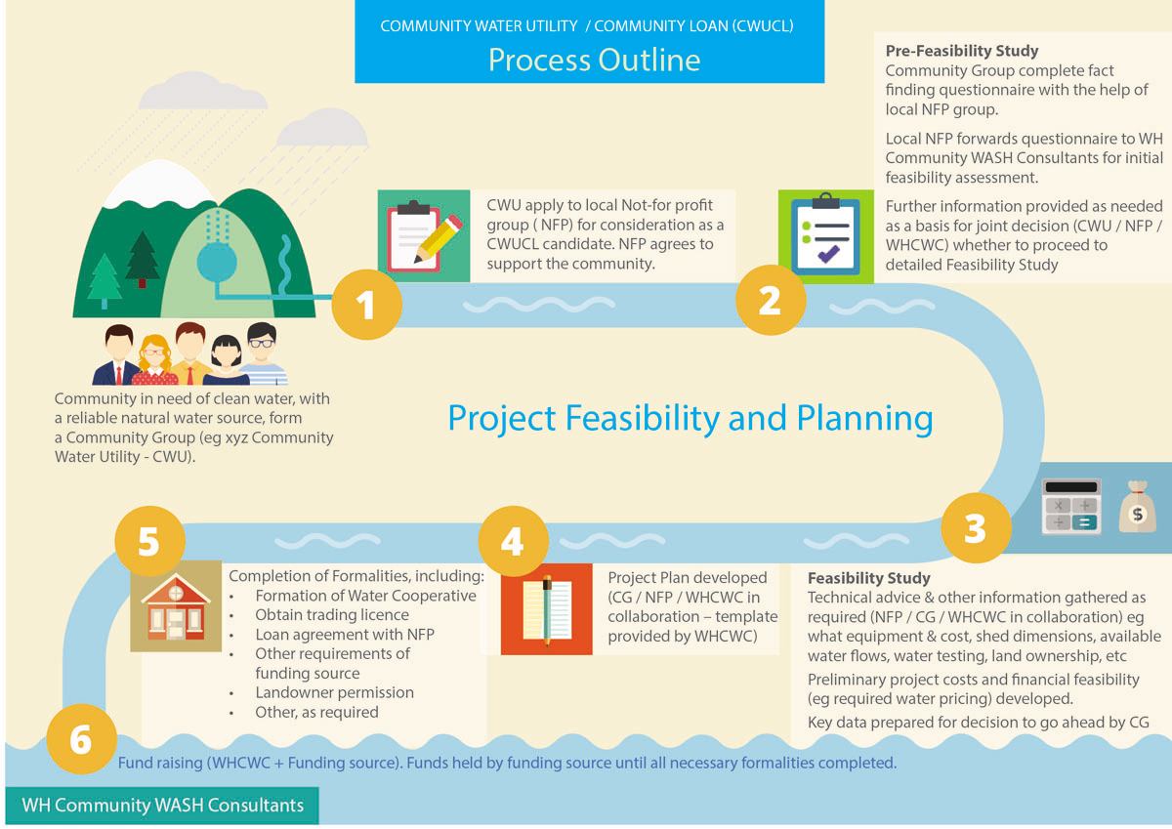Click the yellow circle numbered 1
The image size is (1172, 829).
(x=367, y=305)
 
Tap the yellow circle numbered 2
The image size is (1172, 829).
(x=771, y=300)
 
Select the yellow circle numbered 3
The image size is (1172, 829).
(x=976, y=527)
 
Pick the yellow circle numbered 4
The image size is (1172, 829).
(x=514, y=541)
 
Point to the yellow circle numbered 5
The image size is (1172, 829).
(x=149, y=541)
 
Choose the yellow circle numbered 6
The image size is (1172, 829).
(x=81, y=738)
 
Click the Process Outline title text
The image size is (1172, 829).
(x=594, y=60)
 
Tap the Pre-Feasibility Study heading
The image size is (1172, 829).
(x=962, y=50)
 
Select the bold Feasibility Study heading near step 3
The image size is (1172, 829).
(x=868, y=577)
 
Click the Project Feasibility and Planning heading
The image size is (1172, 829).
(x=691, y=419)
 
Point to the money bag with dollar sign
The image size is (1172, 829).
(x=1137, y=507)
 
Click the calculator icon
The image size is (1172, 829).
(x=1071, y=507)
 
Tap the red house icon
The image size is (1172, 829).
(x=176, y=606)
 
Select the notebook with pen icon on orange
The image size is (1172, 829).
(x=547, y=608)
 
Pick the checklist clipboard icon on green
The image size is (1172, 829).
(x=825, y=236)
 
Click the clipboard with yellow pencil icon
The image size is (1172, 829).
(x=424, y=235)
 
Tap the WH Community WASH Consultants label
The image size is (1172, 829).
(x=162, y=806)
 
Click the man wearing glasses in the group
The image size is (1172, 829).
(x=262, y=353)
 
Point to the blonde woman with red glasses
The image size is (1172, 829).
(x=154, y=360)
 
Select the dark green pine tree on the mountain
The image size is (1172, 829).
(x=142, y=259)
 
